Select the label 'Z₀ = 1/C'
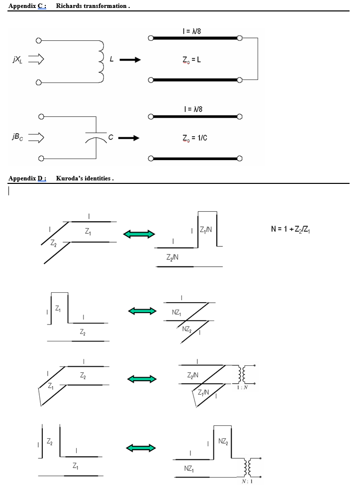pyautogui.click(x=194, y=138)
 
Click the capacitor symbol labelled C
pyautogui.click(x=96, y=138)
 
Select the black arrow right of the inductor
pyautogui.click(x=130, y=60)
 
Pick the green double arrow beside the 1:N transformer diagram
pyautogui.click(x=142, y=379)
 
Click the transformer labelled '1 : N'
pyautogui.click(x=244, y=376)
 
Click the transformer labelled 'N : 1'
pyautogui.click(x=248, y=467)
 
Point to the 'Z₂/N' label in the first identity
pyautogui.click(x=173, y=257)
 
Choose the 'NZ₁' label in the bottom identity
pyautogui.click(x=189, y=469)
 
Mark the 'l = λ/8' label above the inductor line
pyautogui.click(x=192, y=32)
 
